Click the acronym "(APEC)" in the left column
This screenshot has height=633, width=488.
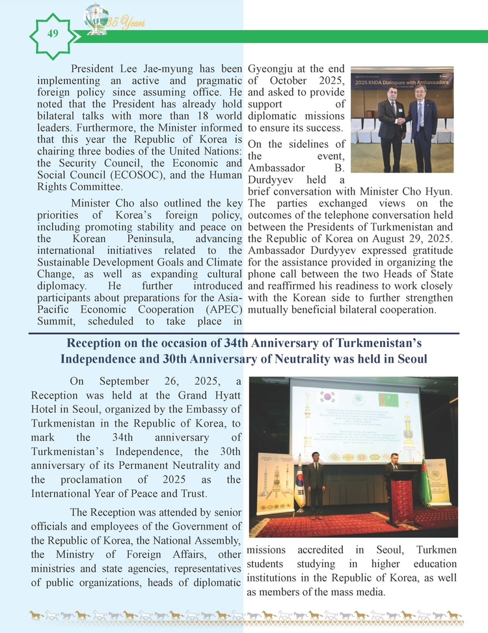tap(221, 309)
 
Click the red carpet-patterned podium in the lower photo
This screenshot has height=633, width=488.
tap(402, 495)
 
